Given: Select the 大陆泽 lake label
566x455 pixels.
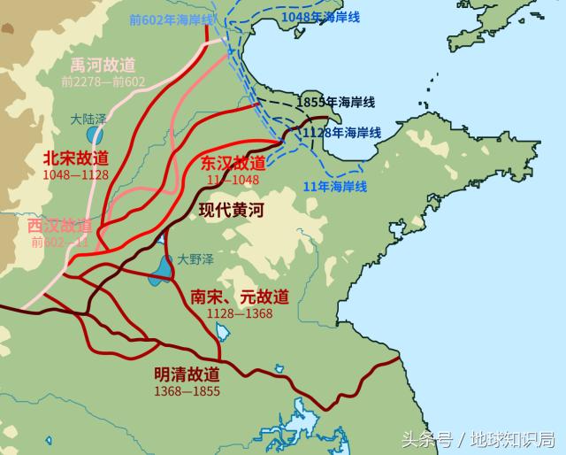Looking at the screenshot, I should [88, 117].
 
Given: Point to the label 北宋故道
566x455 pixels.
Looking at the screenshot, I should [75, 158].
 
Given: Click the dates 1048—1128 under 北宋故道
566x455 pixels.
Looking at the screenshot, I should [75, 174].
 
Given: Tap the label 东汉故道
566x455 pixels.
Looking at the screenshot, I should [233, 163].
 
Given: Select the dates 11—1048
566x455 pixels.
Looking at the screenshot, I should [233, 179].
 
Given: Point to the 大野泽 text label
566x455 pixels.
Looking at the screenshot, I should [193, 259].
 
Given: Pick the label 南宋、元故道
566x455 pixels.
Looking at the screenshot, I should [240, 297].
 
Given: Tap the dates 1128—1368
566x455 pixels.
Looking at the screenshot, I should [240, 313].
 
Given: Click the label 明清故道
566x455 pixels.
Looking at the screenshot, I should [187, 374].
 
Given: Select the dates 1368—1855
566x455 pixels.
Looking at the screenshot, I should [187, 390].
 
